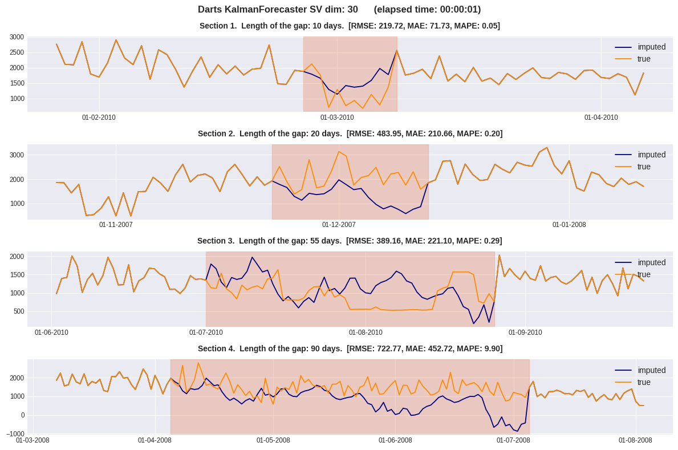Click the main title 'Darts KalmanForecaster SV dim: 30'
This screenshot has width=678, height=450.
point(278,10)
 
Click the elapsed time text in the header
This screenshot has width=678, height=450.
point(427,10)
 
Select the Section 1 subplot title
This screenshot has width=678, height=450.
point(350,26)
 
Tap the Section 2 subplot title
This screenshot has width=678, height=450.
point(350,134)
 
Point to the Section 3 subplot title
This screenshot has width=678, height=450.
point(350,241)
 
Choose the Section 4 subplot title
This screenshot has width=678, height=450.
point(350,349)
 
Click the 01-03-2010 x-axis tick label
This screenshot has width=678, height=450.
point(337,118)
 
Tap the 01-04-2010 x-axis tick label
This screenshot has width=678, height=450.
point(601,118)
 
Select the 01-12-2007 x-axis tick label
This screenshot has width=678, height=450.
point(339,225)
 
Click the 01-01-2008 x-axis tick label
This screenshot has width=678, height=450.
point(569,225)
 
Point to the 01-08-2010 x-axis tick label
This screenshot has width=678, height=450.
point(366,333)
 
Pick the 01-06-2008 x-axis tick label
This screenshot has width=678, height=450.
point(395,440)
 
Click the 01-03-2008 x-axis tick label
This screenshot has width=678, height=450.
point(33,440)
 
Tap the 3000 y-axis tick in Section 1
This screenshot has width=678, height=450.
point(17,38)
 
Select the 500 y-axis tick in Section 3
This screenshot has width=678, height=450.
point(19,312)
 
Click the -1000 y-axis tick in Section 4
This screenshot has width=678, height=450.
point(15,434)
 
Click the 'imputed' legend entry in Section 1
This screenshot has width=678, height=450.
point(651,47)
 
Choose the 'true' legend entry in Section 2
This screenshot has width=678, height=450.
point(644,167)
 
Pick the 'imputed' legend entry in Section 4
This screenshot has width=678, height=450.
point(651,371)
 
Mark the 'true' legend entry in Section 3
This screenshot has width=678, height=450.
point(644,275)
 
